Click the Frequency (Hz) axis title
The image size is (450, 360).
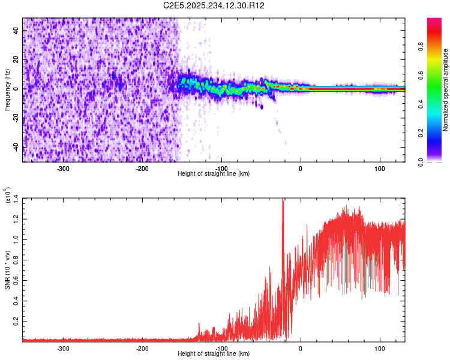(7, 89)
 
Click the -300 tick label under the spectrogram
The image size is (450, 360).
(63, 168)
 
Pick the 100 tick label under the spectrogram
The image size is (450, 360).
(379, 168)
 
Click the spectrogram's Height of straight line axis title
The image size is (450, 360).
(214, 173)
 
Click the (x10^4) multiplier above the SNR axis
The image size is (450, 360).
(8, 196)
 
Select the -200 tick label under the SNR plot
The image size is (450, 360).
(142, 348)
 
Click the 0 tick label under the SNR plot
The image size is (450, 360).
(300, 348)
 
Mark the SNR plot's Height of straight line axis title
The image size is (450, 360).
(214, 353)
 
